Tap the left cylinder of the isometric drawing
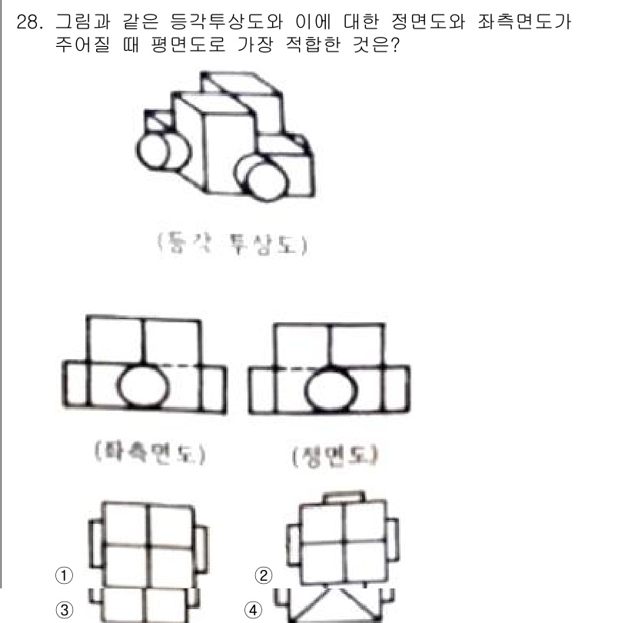click(154, 145)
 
